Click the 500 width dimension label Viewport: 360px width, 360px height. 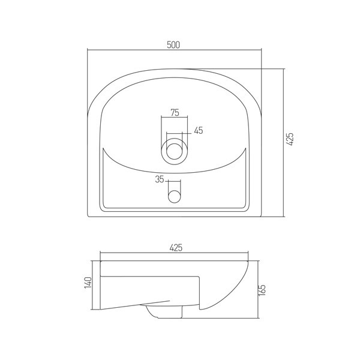point(173,45)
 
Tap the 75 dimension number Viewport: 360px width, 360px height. point(175,113)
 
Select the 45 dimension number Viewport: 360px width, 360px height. point(199,131)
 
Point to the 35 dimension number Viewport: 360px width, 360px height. point(160,179)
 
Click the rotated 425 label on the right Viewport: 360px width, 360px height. point(290,139)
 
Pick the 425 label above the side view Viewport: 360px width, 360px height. point(176,248)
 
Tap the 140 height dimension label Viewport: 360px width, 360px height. point(88,283)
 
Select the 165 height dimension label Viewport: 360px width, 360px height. point(262,290)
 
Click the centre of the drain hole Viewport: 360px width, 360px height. point(174,151)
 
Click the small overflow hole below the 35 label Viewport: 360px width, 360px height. point(174,197)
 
